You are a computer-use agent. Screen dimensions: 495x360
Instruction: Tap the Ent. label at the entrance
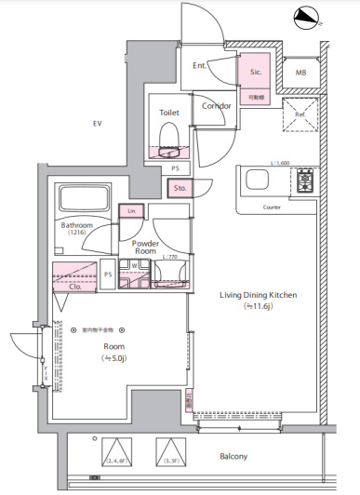200,66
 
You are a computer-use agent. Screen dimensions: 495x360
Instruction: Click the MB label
301,73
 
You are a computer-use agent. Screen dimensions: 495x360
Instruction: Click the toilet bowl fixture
169,140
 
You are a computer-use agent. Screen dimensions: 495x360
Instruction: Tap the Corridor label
216,105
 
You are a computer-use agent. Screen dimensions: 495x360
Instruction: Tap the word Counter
272,207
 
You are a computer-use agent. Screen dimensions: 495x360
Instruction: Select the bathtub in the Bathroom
81,200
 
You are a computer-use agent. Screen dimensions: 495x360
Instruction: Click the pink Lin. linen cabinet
131,211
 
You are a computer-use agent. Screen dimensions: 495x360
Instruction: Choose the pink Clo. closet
74,277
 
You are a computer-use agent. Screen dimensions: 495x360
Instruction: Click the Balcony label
233,456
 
